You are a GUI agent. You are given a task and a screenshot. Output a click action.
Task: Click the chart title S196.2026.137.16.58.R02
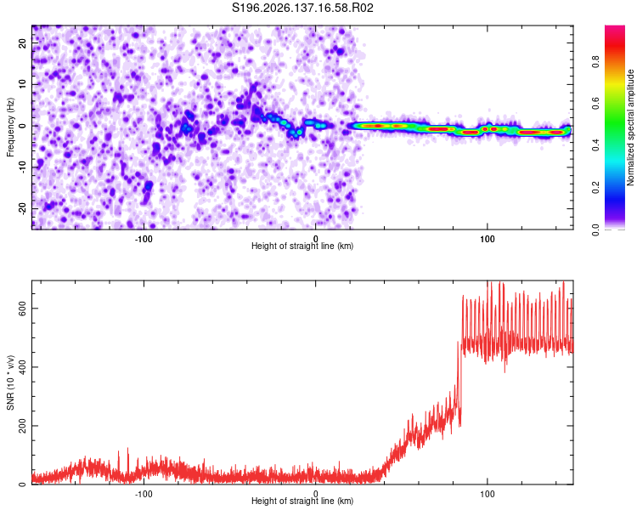pos(302,8)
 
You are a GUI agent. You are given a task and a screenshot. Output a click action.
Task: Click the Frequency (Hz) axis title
pos(10,127)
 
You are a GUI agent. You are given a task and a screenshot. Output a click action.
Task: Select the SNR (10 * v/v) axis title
pos(10,382)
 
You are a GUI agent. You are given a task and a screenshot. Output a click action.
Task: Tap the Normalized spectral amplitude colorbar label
pos(630,127)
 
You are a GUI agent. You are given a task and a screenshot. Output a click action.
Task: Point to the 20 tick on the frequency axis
pos(22,42)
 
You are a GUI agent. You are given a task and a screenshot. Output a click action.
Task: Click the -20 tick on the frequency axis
pos(22,208)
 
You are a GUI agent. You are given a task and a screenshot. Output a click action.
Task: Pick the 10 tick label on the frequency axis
pos(22,84)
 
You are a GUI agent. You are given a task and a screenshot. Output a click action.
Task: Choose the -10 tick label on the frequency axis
pos(22,167)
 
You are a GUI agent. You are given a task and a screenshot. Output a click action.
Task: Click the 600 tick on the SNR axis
pos(22,309)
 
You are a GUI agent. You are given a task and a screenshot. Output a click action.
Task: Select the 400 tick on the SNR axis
pos(22,367)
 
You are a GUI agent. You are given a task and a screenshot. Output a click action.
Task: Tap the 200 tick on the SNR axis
pos(22,426)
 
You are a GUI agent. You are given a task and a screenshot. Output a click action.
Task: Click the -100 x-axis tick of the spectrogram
pos(144,239)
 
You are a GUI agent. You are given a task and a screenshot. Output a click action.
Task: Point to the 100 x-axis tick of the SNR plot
pos(488,494)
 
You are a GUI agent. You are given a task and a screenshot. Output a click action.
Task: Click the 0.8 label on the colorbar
pos(595,62)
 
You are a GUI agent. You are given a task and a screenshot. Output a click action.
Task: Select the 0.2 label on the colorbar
pos(595,188)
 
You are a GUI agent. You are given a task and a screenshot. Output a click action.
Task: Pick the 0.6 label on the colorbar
pos(595,104)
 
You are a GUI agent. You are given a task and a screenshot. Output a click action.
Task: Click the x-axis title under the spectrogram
pos(302,246)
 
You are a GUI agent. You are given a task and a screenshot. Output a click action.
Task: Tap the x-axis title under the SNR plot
pos(302,501)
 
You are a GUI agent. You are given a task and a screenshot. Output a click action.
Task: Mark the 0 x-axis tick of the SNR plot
pos(316,494)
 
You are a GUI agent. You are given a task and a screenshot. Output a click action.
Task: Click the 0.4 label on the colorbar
pos(595,145)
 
